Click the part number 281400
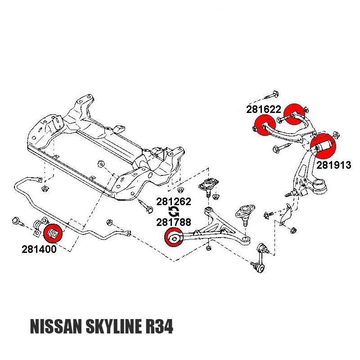click(x=39, y=249)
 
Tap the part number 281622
click(x=264, y=109)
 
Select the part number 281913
click(x=333, y=165)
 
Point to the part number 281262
click(x=174, y=202)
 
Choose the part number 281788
click(x=174, y=222)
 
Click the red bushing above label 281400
click(x=53, y=232)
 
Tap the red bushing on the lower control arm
click(x=174, y=237)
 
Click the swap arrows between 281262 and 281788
click(x=174, y=211)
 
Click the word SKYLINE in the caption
click(x=118, y=327)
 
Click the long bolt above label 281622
click(x=270, y=95)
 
